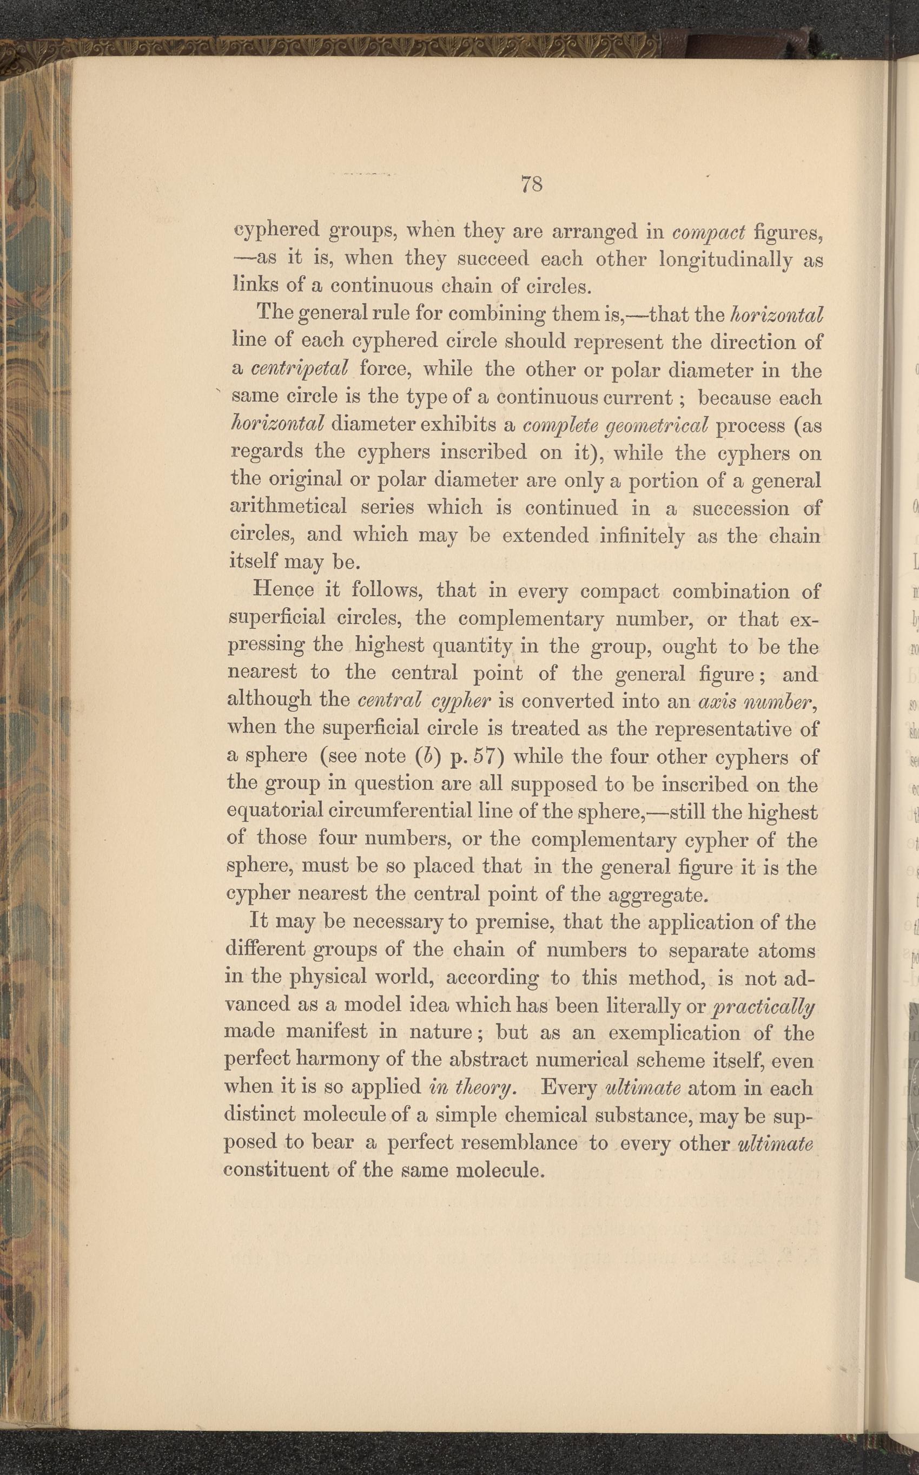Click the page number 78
(531, 183)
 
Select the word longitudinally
(726, 260)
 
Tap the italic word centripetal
(299, 368)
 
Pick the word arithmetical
(289, 506)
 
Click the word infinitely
(641, 536)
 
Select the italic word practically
(762, 1006)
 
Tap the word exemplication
(674, 1033)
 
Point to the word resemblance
(519, 1143)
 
